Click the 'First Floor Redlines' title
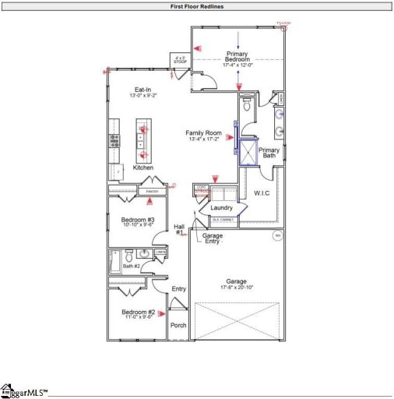coord(197,6)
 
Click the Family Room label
coord(205,133)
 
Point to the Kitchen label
coord(142,168)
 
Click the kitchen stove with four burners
coord(114,141)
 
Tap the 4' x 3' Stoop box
coord(181,60)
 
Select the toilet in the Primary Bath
coord(246,109)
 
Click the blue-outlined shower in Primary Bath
coord(248,153)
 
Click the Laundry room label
coord(222,207)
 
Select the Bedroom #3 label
coord(138,221)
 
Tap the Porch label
coord(178,325)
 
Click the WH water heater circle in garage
coord(276,235)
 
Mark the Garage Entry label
coord(213,238)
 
